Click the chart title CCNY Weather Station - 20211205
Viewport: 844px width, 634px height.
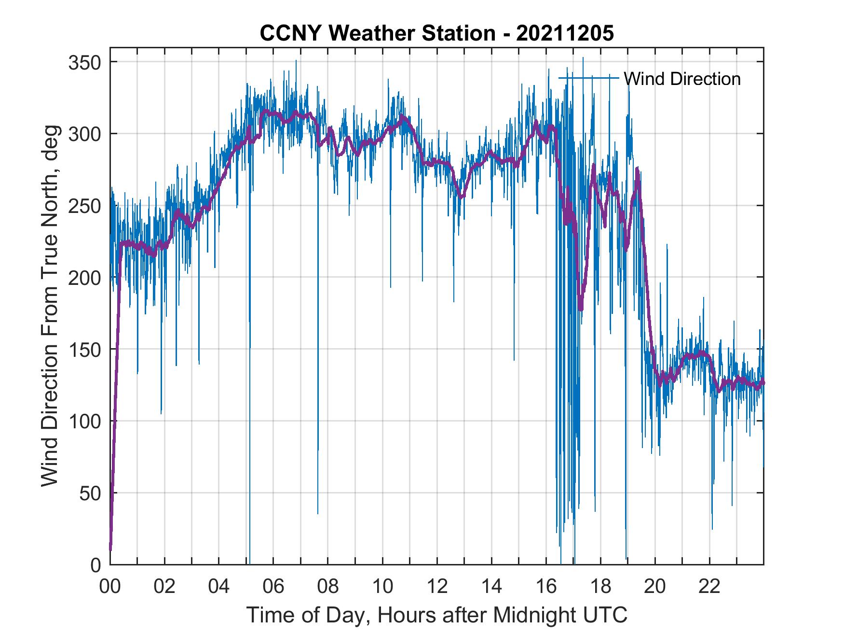pyautogui.click(x=436, y=33)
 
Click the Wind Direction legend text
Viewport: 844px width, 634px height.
pyautogui.click(x=682, y=79)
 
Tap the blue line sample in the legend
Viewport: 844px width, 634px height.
pyautogui.click(x=588, y=78)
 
